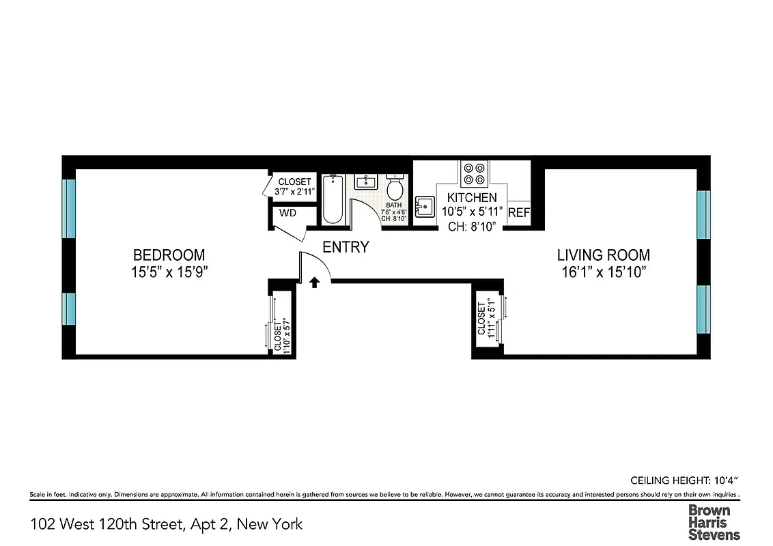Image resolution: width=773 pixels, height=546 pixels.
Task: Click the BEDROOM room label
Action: coord(169,255)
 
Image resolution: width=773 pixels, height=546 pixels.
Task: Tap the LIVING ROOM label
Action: coord(603,255)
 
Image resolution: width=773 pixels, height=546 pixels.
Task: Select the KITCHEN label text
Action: coord(472,197)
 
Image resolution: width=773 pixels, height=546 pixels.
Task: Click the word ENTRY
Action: coord(346,247)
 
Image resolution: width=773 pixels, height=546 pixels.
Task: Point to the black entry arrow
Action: coord(314,282)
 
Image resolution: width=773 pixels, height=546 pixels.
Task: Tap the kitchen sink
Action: coord(425,205)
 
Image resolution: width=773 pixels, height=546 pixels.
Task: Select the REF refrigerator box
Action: coord(519,212)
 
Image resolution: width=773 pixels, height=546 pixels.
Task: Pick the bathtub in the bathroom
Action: coord(333,199)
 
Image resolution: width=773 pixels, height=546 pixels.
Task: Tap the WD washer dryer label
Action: coord(288,213)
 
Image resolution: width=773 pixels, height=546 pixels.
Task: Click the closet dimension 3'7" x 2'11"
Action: coord(295,192)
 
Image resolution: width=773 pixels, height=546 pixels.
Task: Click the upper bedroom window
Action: coord(69,208)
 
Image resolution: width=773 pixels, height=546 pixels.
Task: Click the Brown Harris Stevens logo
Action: coord(713,522)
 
